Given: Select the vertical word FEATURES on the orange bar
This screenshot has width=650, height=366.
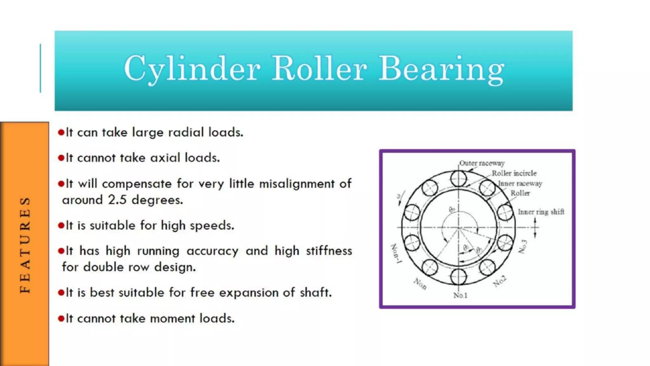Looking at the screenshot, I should [x=25, y=245].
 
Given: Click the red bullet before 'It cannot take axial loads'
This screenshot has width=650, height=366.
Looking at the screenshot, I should [x=61, y=158].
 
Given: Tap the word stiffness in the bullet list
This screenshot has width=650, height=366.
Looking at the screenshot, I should [x=329, y=251].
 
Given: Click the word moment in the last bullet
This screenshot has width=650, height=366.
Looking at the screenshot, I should [x=173, y=318].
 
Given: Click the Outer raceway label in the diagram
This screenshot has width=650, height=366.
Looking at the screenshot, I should [x=482, y=163].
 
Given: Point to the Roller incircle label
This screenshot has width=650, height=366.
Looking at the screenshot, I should [x=514, y=173].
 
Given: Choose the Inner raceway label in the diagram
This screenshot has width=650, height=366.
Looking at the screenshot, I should [x=520, y=184].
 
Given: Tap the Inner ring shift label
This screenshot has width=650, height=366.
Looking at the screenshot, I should [x=541, y=212].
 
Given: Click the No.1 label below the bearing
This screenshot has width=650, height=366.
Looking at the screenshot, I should [x=460, y=295].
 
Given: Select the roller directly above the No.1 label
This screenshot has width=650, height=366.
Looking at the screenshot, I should [x=459, y=276].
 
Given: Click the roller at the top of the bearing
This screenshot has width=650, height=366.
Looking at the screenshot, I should [x=459, y=179].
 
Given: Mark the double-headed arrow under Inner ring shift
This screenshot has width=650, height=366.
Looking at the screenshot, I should [x=535, y=227].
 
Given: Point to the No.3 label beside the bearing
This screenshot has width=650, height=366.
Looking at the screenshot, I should [x=523, y=247].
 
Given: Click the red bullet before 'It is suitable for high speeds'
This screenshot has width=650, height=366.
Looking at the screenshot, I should [x=61, y=226].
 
